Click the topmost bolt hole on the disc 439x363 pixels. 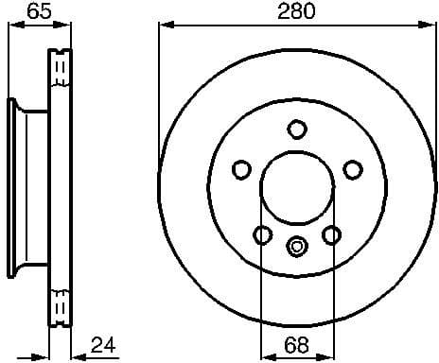297,129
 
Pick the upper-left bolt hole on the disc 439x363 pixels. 241,170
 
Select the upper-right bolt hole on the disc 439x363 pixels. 353,170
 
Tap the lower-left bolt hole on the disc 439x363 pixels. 263,234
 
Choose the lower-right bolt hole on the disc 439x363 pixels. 331,234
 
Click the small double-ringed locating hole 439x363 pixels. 297,247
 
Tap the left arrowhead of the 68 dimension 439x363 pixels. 266,356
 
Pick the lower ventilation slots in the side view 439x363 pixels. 61,304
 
